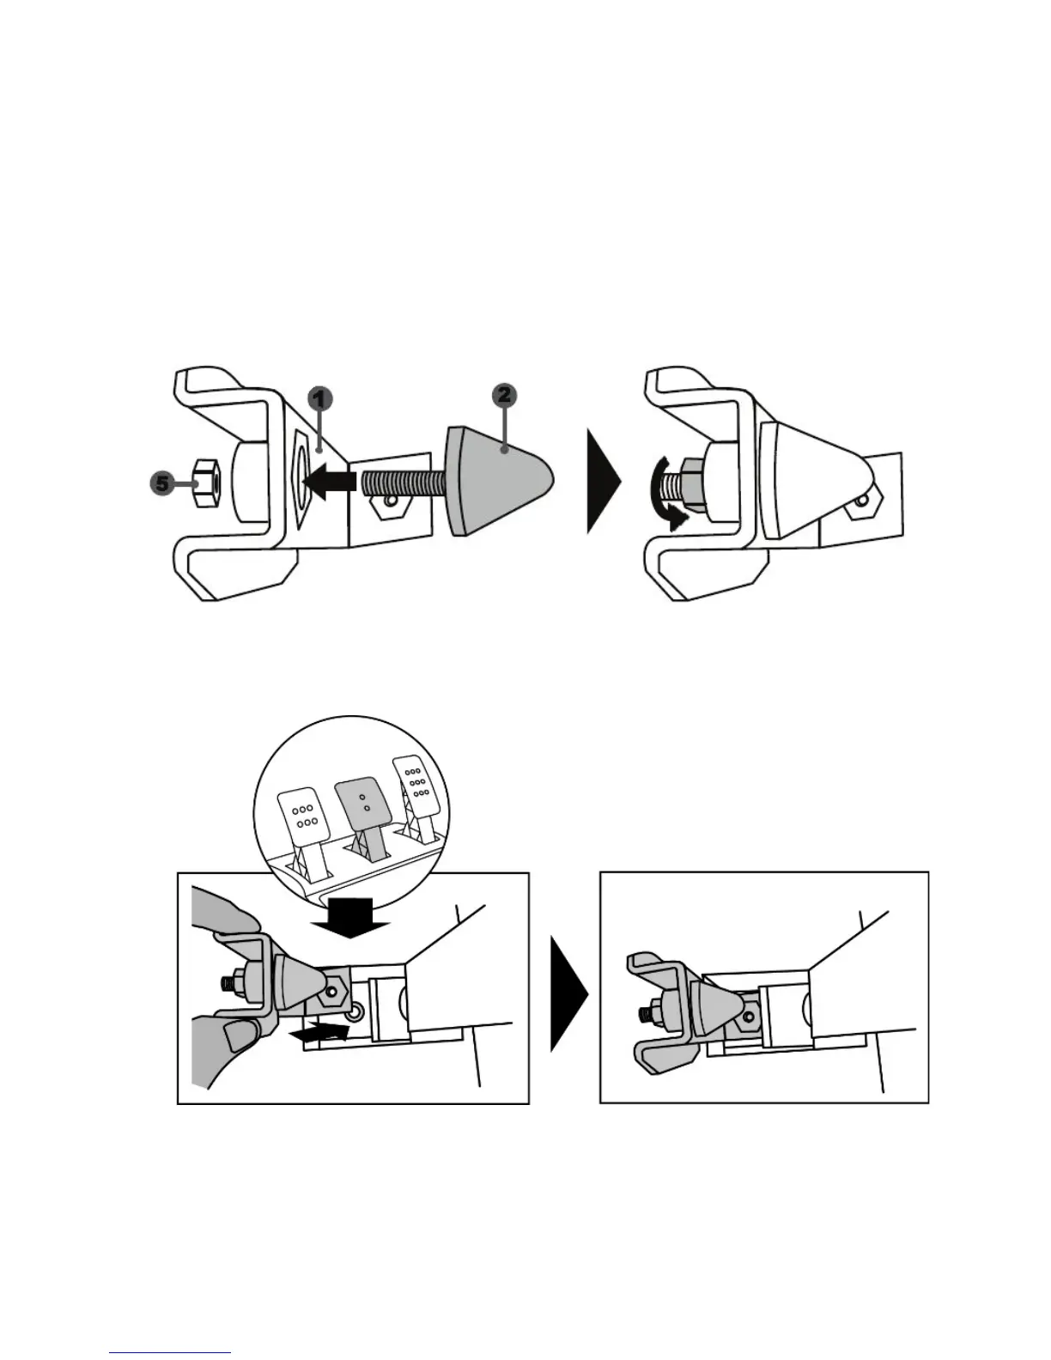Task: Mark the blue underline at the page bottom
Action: pyautogui.click(x=170, y=1353)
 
